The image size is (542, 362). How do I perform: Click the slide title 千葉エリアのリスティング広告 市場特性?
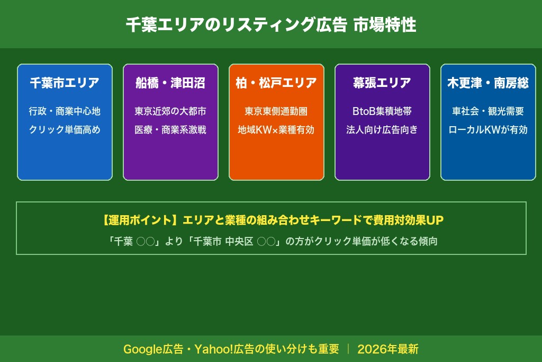click(x=271, y=25)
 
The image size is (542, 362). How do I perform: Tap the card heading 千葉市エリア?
click(x=65, y=83)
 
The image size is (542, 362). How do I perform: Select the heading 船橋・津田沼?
click(x=170, y=83)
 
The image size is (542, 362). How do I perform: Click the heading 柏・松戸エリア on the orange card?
click(x=276, y=83)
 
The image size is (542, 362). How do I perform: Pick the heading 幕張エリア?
click(x=382, y=83)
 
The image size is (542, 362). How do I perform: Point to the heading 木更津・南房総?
click(x=488, y=83)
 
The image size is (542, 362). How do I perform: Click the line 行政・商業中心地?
click(x=65, y=111)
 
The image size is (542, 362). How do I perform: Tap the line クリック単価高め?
click(x=65, y=130)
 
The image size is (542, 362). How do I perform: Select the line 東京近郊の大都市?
click(x=170, y=111)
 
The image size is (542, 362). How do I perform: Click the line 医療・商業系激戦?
click(x=170, y=130)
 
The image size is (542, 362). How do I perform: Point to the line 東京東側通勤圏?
click(x=276, y=111)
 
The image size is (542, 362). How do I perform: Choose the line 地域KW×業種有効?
click(x=276, y=130)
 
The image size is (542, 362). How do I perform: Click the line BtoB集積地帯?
click(x=382, y=111)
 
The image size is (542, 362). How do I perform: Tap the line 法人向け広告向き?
click(x=382, y=130)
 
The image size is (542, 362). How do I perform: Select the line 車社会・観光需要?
click(x=488, y=111)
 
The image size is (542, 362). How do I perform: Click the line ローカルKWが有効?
click(x=488, y=130)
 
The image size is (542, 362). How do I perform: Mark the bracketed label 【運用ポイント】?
click(x=139, y=220)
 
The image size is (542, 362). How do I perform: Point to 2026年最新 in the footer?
click(x=388, y=349)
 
